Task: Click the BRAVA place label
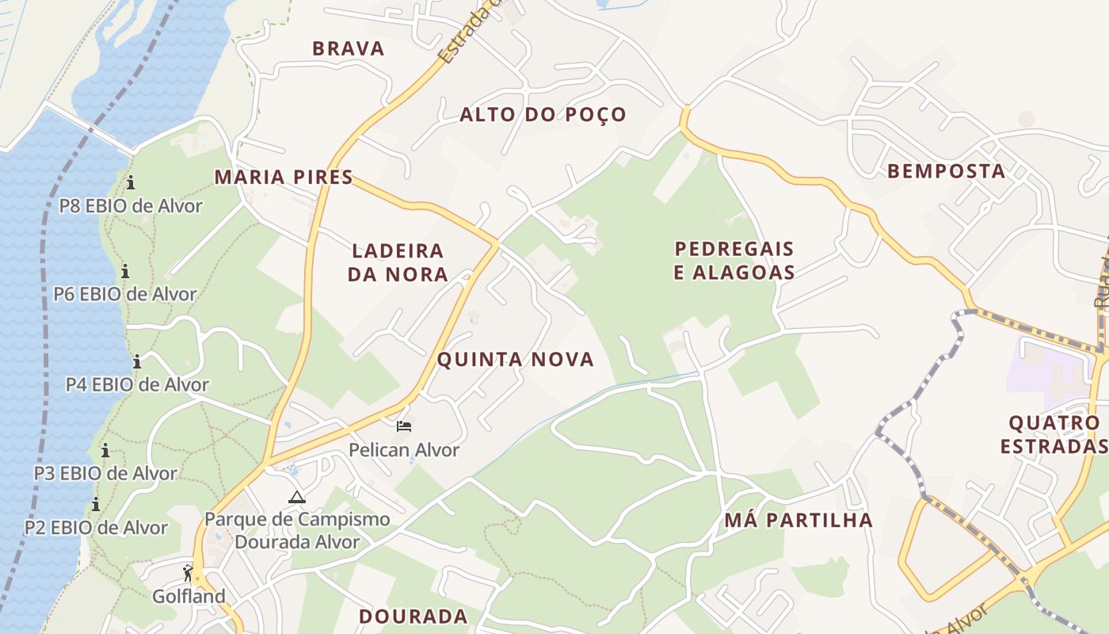tap(349, 48)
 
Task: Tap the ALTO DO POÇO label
tap(543, 115)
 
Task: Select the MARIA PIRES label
tap(284, 177)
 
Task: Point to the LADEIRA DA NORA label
tap(399, 262)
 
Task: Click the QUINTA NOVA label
tap(516, 360)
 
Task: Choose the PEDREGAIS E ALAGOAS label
tap(734, 261)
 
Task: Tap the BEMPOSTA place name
tap(946, 171)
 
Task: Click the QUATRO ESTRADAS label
tap(1054, 434)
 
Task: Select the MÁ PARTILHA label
tap(798, 521)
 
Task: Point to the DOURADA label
tap(413, 617)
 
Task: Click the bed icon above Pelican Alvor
tap(404, 426)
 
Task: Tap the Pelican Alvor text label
tap(404, 450)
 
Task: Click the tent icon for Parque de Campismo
tap(297, 498)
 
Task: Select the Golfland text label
tap(189, 596)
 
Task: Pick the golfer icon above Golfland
tap(188, 573)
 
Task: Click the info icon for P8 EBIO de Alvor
tap(131, 183)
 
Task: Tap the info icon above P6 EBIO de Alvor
tap(125, 272)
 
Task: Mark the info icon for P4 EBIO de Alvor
tap(137, 361)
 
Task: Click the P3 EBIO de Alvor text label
tap(105, 473)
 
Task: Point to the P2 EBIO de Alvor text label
tap(96, 527)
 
